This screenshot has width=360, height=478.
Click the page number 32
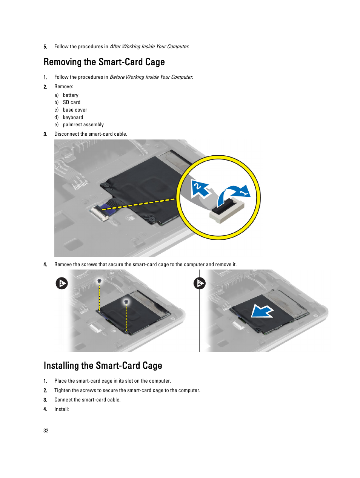tap(46, 431)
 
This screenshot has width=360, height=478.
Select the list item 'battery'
tap(71, 95)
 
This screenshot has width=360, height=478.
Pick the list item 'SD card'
tap(71, 103)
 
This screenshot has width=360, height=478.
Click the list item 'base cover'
tap(75, 110)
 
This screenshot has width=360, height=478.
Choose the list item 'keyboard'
tap(73, 117)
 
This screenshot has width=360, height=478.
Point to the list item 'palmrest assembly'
tap(83, 124)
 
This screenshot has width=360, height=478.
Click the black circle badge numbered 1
tap(62, 283)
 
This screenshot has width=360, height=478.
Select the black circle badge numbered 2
tap(199, 283)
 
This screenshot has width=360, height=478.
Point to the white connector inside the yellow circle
tap(227, 211)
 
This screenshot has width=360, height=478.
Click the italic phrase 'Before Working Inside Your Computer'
tap(151, 77)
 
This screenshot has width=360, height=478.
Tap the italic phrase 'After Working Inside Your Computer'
tap(149, 47)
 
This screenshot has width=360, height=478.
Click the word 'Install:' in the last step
tap(62, 409)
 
